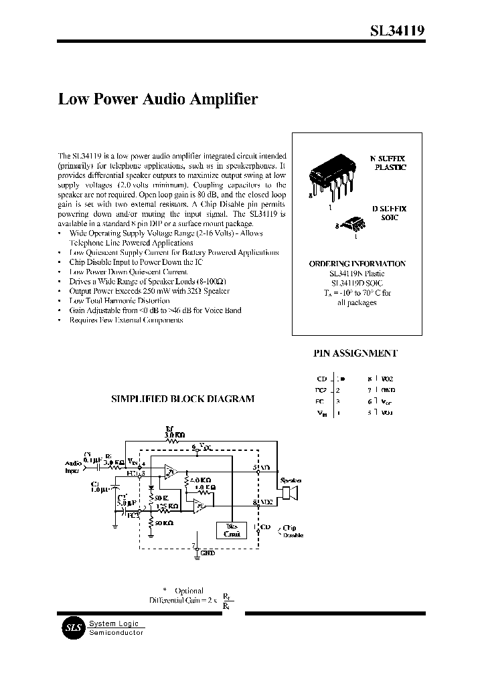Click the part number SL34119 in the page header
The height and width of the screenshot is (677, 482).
click(397, 31)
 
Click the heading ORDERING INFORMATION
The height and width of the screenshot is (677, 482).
click(357, 264)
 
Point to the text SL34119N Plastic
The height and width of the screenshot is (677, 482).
click(357, 274)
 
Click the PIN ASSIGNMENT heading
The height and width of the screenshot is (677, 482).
click(355, 353)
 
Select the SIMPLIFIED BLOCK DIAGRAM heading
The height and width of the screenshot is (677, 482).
click(182, 399)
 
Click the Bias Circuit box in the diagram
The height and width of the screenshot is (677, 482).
click(231, 529)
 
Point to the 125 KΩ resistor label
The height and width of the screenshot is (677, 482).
click(167, 507)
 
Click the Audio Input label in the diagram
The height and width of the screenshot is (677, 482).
click(74, 466)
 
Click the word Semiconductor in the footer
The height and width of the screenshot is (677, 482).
click(116, 632)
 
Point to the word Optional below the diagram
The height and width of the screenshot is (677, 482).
click(189, 591)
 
